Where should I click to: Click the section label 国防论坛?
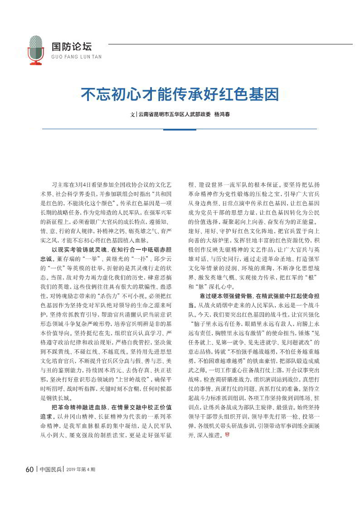point(71,47)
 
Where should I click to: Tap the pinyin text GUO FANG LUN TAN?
point(77,57)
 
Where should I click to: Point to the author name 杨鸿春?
point(222,114)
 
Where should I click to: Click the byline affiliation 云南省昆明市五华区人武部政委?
point(175,114)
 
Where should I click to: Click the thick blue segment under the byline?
point(180,129)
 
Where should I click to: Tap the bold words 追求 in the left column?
point(47,417)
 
